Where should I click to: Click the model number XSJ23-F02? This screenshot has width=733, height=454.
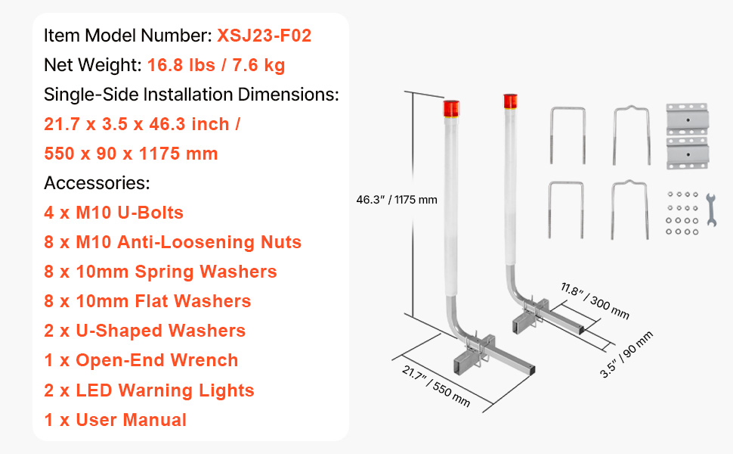264,36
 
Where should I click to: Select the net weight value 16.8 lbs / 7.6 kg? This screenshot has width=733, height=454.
216,65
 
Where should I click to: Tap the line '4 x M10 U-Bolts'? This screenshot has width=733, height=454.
113,213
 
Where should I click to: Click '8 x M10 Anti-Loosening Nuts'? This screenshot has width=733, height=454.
172,242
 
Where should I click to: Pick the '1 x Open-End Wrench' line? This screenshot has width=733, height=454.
141,360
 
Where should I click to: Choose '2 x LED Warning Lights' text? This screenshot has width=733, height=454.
149,390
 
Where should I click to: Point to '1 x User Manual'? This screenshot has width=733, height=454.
115,420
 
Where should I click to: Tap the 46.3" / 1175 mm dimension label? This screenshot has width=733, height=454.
397,200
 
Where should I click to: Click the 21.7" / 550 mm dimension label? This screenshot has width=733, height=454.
436,387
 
